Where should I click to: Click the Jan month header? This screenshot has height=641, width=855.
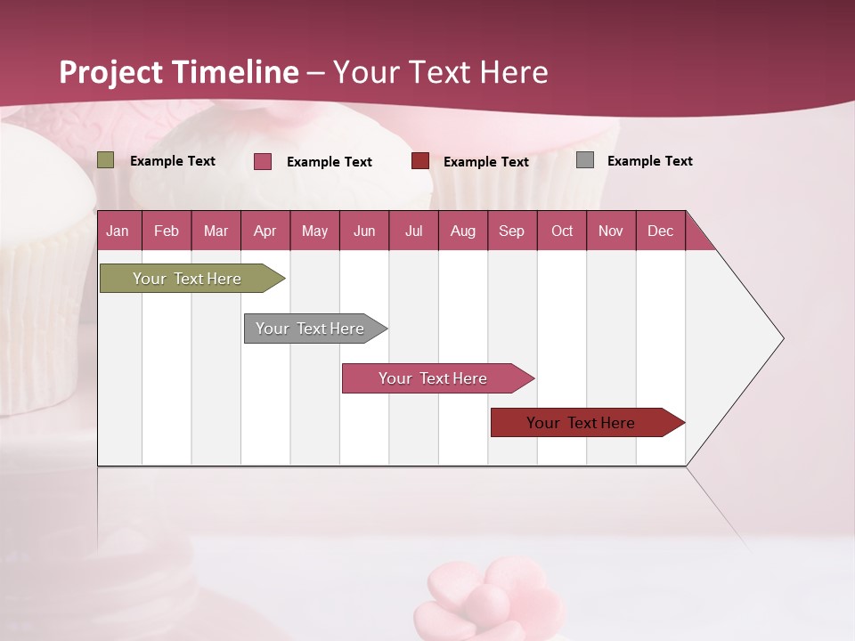[x=118, y=231]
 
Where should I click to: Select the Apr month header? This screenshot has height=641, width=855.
[x=265, y=231]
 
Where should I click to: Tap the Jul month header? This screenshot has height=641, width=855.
[x=413, y=231]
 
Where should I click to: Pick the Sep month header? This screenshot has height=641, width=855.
[x=511, y=231]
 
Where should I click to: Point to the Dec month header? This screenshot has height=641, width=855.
[x=660, y=231]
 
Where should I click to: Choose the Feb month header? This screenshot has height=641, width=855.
[x=167, y=231]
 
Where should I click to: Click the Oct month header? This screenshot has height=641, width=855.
[x=562, y=231]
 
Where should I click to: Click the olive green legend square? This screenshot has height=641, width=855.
[x=106, y=160]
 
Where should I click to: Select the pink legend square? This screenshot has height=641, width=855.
[x=263, y=161]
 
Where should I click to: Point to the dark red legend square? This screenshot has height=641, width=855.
[x=420, y=161]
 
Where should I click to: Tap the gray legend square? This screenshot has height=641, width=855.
[x=585, y=160]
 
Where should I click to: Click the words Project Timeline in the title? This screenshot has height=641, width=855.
[x=179, y=72]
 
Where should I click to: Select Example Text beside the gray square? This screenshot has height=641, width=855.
[x=649, y=161]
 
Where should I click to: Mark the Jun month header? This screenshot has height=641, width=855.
[x=364, y=231]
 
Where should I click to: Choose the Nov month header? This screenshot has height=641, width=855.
[x=611, y=231]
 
